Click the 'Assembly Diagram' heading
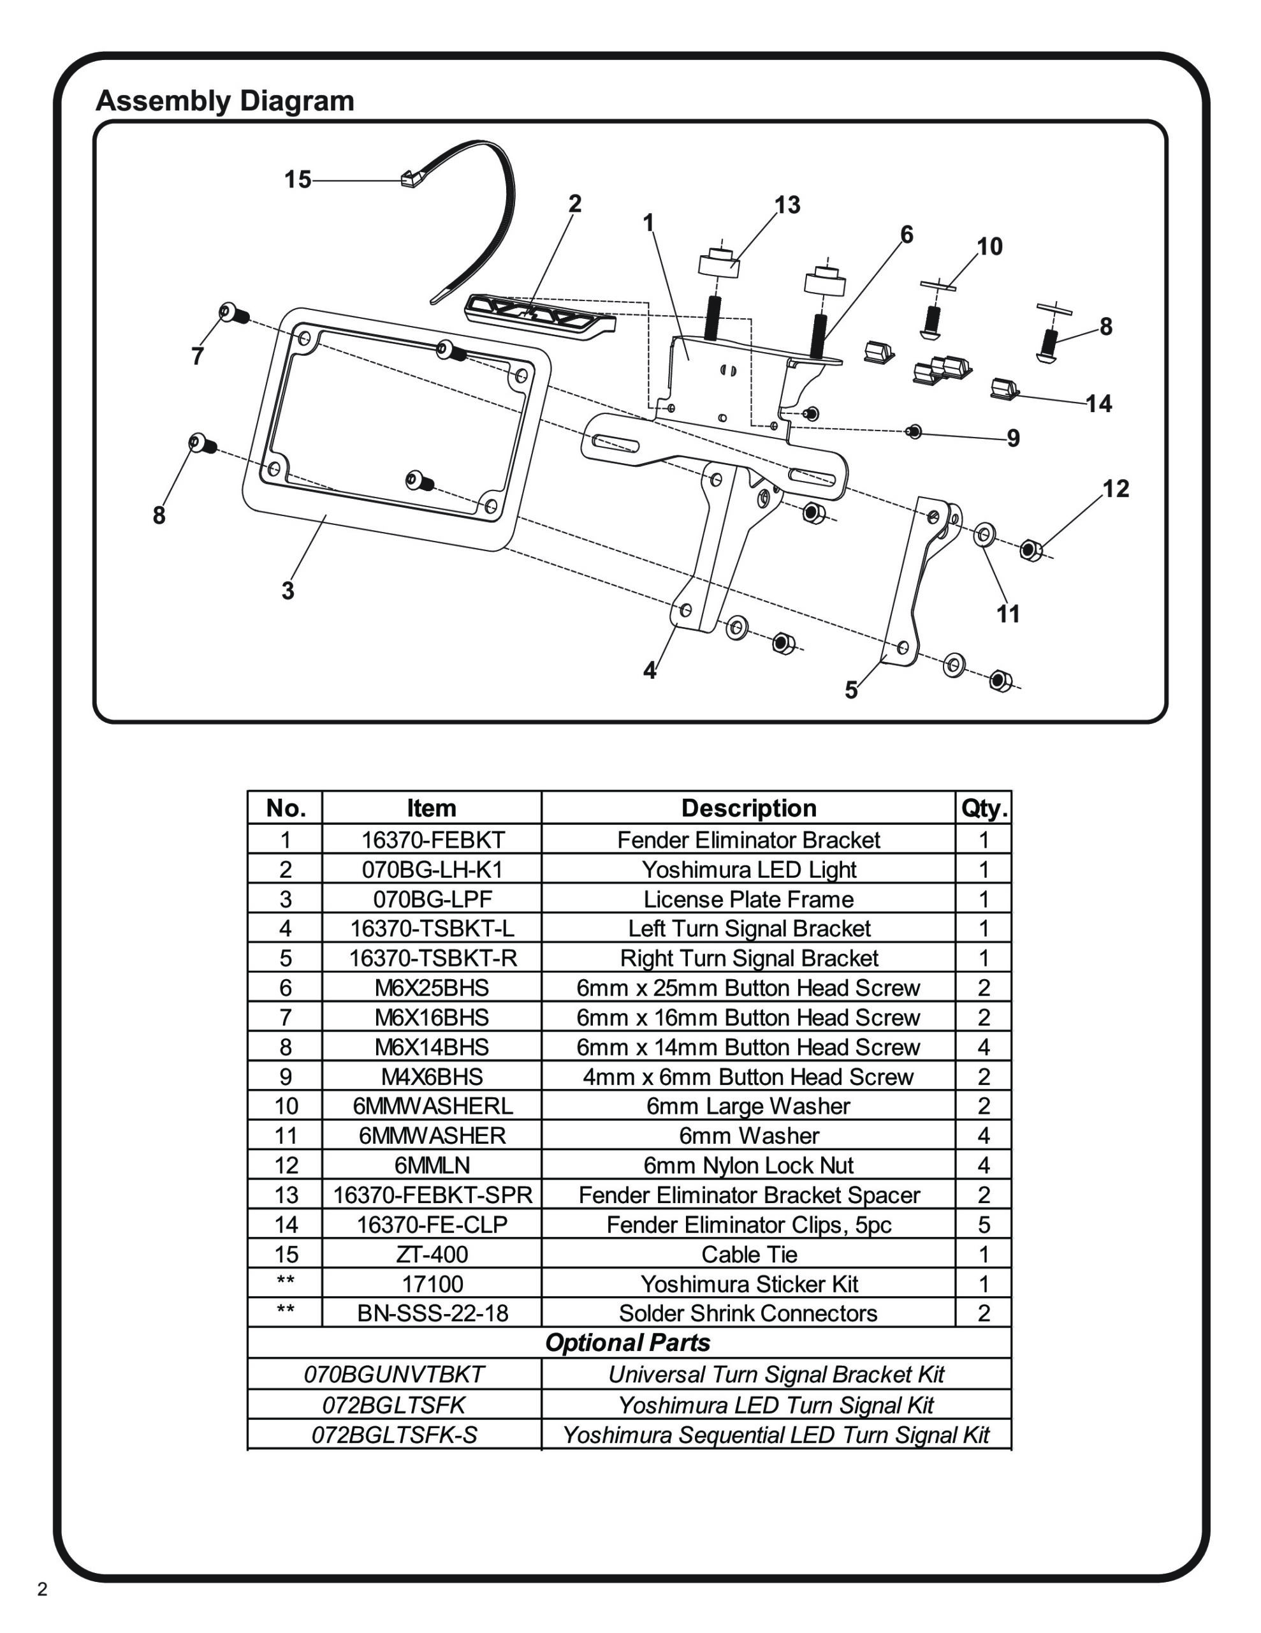224,101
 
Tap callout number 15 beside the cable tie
296,179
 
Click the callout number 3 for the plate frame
288,591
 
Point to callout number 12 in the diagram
1115,489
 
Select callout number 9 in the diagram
1013,438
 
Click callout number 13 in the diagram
787,205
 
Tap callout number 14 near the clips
1098,404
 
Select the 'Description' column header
748,808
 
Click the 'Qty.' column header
984,808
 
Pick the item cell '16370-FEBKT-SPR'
432,1195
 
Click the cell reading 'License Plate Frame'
748,899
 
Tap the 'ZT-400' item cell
432,1254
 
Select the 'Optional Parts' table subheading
628,1343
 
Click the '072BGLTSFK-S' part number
394,1435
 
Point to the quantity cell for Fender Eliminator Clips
984,1225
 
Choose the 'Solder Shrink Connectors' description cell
748,1313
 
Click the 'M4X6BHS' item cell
432,1077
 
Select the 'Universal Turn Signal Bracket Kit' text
776,1374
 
